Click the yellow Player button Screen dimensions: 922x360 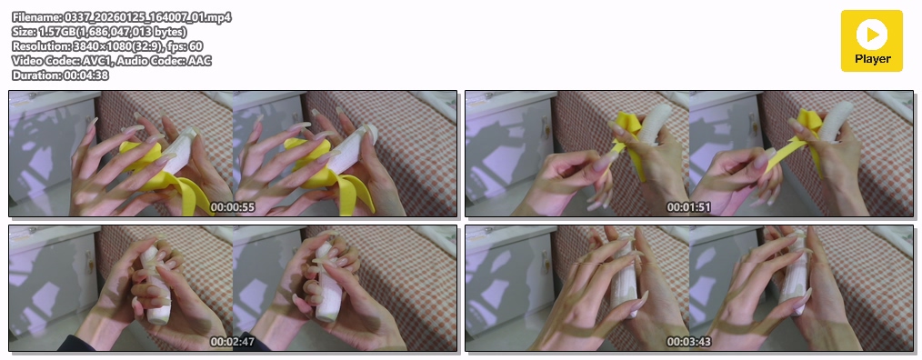point(871,41)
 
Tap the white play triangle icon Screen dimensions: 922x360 point(873,35)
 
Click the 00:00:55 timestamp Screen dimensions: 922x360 point(232,207)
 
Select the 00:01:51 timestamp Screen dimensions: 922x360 point(688,207)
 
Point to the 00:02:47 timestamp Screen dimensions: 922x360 point(232,342)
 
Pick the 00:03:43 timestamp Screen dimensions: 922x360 point(688,342)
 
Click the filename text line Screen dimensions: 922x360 point(122,17)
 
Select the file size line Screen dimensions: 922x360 point(99,32)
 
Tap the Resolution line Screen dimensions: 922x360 point(107,45)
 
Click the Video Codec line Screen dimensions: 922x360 point(112,61)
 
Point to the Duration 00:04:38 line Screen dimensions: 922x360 point(60,75)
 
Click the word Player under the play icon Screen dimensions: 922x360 point(873,59)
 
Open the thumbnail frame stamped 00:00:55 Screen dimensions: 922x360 point(233,154)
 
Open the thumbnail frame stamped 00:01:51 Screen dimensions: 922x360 point(689,154)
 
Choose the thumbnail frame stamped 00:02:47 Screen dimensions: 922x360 point(233,287)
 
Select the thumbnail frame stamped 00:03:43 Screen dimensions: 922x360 point(689,287)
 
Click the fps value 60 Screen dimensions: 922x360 point(196,45)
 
